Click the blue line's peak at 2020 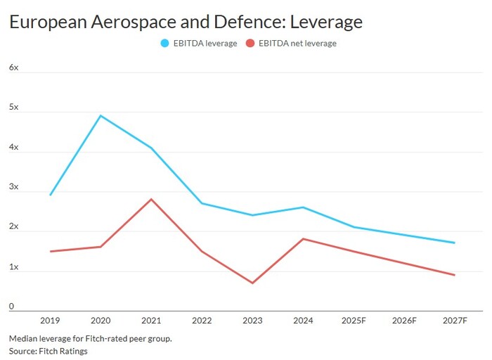point(101,115)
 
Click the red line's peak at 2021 point(151,199)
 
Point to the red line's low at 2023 point(252,283)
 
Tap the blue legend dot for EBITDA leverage point(165,43)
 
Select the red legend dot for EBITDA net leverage point(250,43)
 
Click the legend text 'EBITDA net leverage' point(297,43)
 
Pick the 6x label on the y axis point(13,67)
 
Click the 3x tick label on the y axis point(13,187)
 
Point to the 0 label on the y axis point(11,307)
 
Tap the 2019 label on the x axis point(50,321)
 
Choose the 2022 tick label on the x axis point(202,321)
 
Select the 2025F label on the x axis point(354,321)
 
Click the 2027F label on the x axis point(455,321)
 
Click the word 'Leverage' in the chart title point(328,22)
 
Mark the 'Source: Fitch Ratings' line point(48,351)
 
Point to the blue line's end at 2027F point(455,243)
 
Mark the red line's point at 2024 point(303,239)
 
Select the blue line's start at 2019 point(50,195)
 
